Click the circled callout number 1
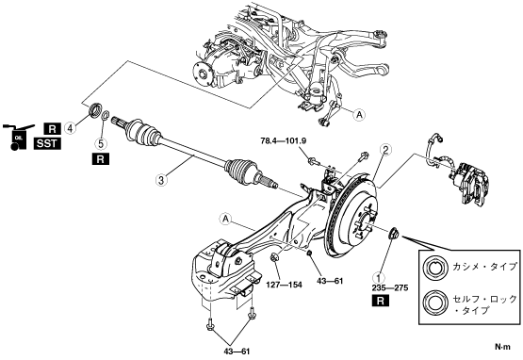click(378, 277)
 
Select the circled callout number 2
click(385, 150)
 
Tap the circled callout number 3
click(161, 181)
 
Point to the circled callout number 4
click(70, 127)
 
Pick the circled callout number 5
click(101, 143)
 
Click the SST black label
click(47, 144)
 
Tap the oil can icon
click(17, 137)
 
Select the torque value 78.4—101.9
click(284, 141)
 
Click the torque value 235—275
click(390, 288)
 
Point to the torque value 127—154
click(285, 285)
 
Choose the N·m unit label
click(502, 347)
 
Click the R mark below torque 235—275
click(381, 301)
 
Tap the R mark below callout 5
click(101, 159)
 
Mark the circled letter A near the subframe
click(359, 114)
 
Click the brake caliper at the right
click(470, 183)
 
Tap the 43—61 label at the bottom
click(237, 351)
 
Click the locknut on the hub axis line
click(394, 233)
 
